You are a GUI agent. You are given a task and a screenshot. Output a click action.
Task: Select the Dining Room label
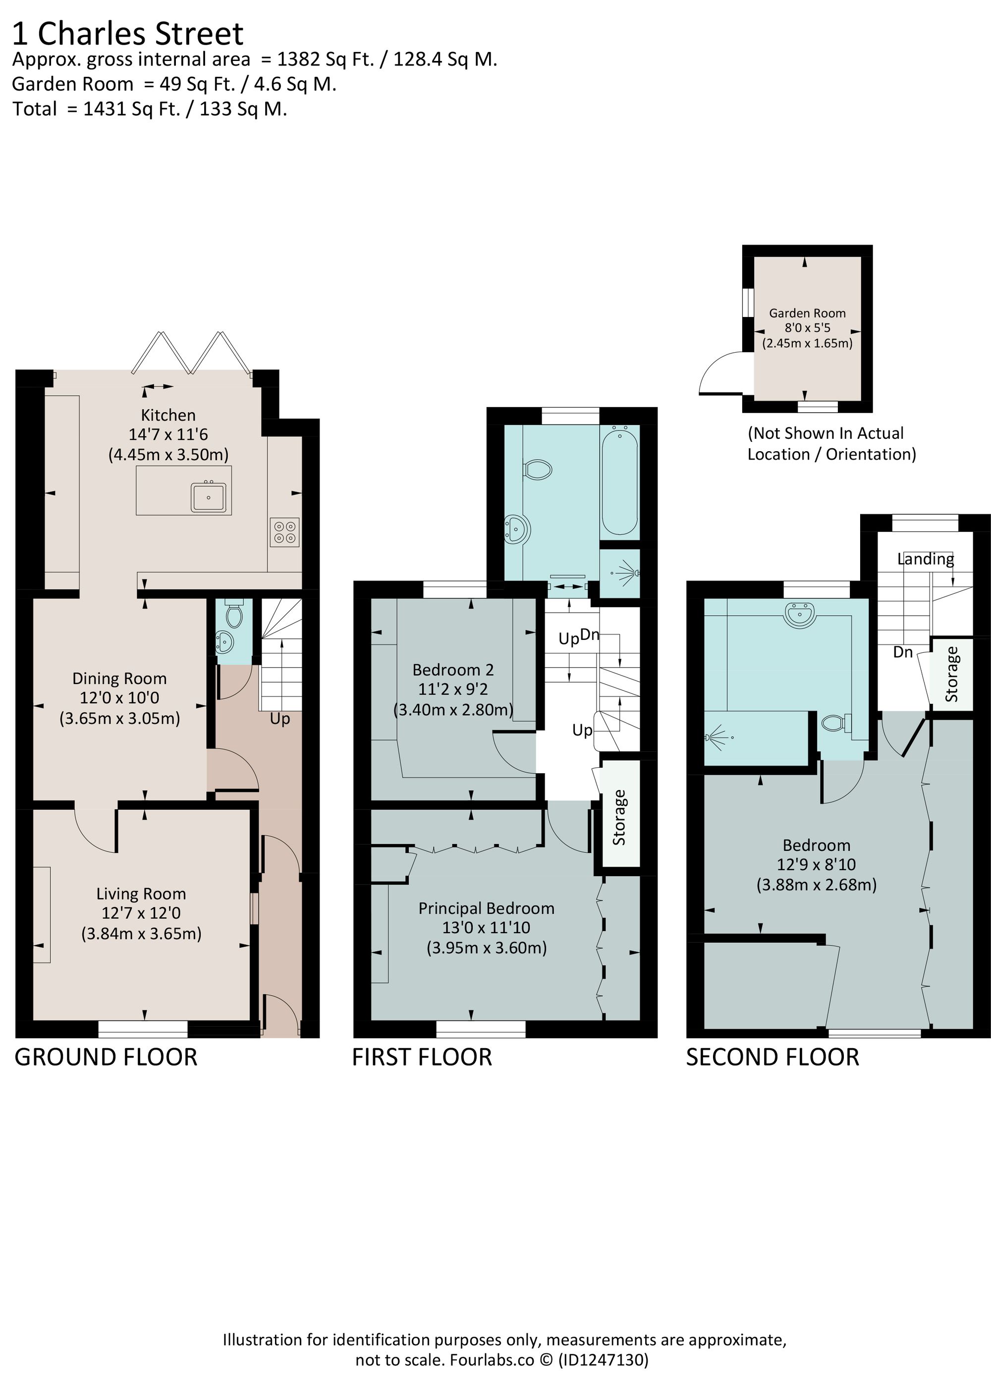coord(119,679)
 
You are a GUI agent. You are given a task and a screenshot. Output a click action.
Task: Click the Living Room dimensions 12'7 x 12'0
coord(141,913)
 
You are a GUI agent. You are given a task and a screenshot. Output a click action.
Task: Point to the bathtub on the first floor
coord(619,479)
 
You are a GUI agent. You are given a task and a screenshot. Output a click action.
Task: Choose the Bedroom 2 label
coord(453,670)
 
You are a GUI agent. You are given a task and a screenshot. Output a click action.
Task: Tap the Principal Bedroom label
coord(487,908)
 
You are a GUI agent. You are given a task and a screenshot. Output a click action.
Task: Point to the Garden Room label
coord(807,313)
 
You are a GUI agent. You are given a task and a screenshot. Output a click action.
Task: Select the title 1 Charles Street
coord(127,33)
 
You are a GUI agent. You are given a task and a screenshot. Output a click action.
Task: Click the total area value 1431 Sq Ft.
coord(132,109)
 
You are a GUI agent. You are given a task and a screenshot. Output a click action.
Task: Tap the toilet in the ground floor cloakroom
coord(233,615)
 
